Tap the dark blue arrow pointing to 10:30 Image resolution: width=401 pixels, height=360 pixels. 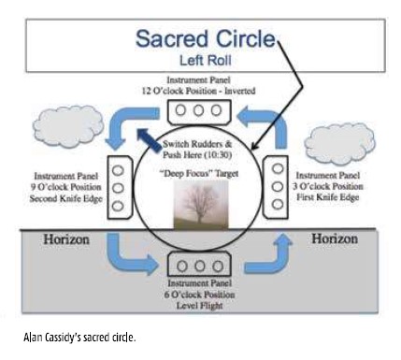point(149,139)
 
